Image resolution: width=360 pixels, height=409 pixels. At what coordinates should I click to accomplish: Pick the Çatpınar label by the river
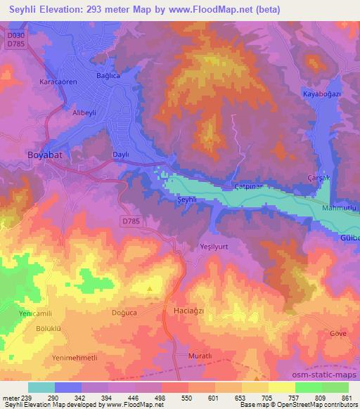(248, 187)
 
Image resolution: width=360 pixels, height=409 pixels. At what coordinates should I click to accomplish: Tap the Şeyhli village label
(184, 200)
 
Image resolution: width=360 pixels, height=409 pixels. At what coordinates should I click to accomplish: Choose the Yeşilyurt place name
(215, 247)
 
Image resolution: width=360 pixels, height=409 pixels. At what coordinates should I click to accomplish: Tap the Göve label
(338, 333)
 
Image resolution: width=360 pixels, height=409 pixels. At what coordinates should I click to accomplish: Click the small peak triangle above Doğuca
(149, 288)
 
